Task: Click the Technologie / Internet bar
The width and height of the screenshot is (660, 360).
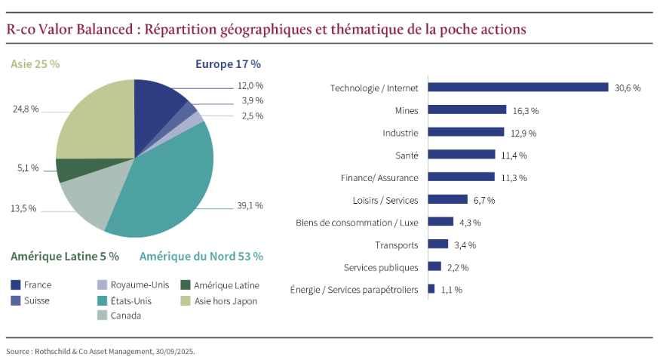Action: click(517, 87)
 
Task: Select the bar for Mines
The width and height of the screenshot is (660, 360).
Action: click(467, 109)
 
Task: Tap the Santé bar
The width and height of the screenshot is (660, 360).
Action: click(461, 155)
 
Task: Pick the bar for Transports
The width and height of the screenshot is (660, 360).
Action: click(438, 244)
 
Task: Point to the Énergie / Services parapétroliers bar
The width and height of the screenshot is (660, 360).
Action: click(431, 288)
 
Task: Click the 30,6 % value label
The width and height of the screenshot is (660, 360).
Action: click(628, 88)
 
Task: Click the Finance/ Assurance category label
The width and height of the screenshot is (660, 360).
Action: click(379, 177)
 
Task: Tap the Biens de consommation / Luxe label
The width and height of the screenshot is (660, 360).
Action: click(357, 222)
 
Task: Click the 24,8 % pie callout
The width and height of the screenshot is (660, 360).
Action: click(26, 109)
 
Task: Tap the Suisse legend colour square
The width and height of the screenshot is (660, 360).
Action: click(15, 300)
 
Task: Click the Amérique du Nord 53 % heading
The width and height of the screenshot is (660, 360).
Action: click(201, 256)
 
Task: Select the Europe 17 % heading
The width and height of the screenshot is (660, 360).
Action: click(228, 64)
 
